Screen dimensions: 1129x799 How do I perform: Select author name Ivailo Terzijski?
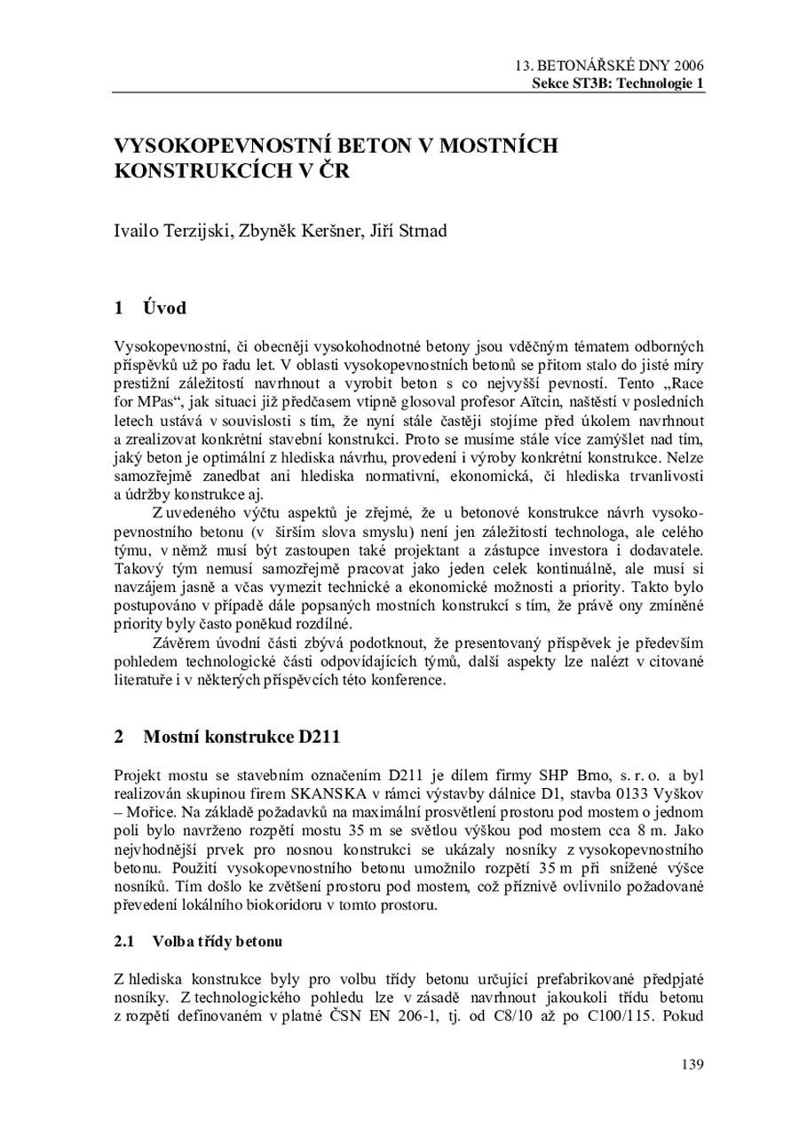[170, 233]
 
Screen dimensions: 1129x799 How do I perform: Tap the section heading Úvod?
[164, 309]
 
